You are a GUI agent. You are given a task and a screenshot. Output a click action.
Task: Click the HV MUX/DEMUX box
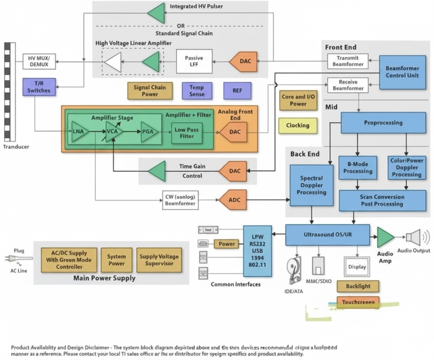click(x=39, y=61)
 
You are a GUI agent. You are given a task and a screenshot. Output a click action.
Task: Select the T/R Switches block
click(x=39, y=87)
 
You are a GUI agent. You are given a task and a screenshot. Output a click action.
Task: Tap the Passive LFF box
click(x=194, y=61)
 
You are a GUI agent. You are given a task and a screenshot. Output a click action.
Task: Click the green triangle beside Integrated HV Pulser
click(x=157, y=13)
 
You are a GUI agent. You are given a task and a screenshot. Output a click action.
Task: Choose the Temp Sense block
click(x=196, y=90)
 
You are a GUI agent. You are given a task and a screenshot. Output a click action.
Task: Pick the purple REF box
click(x=237, y=90)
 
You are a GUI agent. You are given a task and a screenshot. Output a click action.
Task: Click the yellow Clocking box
click(x=298, y=126)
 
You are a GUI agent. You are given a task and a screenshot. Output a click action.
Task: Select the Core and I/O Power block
click(x=298, y=100)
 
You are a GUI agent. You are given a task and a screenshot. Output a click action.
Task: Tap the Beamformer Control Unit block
click(x=402, y=72)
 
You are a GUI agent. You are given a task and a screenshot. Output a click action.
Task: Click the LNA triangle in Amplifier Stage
click(x=79, y=132)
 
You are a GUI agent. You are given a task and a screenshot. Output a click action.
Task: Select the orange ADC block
click(x=233, y=200)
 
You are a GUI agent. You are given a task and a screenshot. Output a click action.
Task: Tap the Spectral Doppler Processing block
click(x=311, y=185)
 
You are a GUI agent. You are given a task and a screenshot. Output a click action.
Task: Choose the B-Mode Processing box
click(x=357, y=168)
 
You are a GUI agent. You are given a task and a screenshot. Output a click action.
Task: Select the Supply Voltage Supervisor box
click(x=159, y=260)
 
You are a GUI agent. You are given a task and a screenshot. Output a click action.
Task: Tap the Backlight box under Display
click(x=358, y=286)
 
